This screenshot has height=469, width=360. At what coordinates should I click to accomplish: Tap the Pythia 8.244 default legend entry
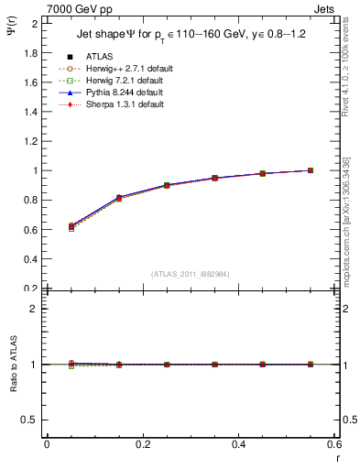(x=123, y=93)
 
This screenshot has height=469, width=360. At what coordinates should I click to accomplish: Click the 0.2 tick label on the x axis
(x=143, y=445)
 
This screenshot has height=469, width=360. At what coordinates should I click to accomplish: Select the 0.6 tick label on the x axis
(x=333, y=445)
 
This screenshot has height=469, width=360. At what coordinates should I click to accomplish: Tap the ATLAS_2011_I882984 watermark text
(x=191, y=274)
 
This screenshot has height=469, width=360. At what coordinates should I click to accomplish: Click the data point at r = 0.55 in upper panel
(x=311, y=170)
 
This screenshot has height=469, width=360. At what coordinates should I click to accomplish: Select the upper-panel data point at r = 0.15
(x=119, y=198)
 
